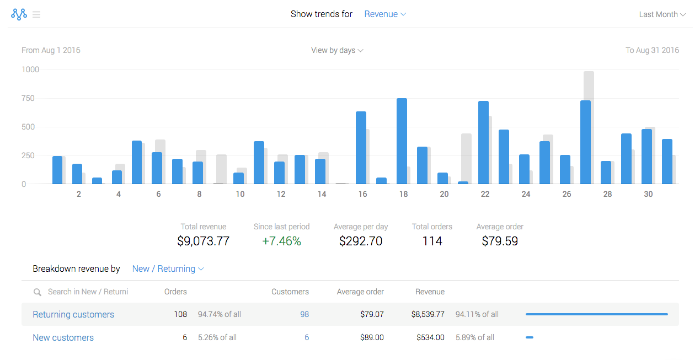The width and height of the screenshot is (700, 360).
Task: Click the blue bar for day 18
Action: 402,141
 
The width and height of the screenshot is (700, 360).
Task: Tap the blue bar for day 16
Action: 361,148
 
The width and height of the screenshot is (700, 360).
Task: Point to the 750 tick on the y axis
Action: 28,98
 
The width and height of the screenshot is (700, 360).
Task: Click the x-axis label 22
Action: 485,194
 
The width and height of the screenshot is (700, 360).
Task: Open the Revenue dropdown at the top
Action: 385,14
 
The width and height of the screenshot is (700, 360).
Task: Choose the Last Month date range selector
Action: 662,14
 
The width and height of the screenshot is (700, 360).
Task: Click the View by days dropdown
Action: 337,50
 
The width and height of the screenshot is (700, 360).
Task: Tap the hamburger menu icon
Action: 36,14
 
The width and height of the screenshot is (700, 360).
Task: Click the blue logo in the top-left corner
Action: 19,14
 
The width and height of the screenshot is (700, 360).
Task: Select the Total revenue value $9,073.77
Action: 203,241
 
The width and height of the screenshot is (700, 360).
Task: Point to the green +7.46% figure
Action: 281,241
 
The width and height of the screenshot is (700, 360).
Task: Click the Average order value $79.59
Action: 500,241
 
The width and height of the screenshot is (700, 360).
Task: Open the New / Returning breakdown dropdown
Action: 168,269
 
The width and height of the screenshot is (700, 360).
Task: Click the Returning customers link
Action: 73,314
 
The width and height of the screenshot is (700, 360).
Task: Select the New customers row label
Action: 63,337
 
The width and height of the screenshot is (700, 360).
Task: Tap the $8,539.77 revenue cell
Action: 428,314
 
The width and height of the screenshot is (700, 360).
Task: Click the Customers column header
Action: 290,292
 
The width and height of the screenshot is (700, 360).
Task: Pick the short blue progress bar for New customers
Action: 530,337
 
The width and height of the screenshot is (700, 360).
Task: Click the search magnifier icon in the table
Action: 38,292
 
